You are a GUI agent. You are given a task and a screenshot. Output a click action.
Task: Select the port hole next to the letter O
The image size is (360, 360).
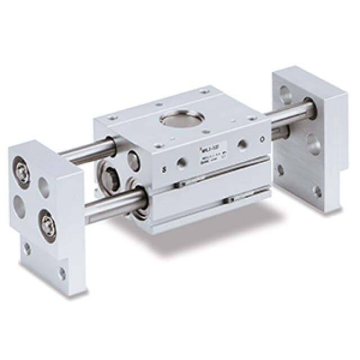(242, 145)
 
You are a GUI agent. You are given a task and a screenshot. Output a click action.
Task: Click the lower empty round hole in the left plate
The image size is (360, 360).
(21, 203)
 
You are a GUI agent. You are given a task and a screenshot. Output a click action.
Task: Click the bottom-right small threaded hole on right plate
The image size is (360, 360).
(318, 192)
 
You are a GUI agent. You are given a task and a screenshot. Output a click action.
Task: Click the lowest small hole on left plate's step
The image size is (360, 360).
(62, 274)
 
